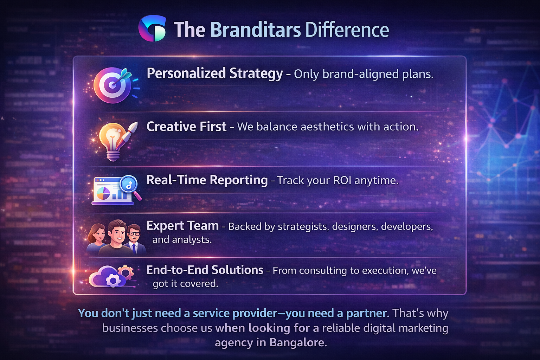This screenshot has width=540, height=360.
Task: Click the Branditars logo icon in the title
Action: [x=152, y=28]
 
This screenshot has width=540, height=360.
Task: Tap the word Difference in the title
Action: [x=347, y=30]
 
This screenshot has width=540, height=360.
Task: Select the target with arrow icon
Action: [x=112, y=85]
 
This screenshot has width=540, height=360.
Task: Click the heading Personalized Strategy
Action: [x=214, y=73]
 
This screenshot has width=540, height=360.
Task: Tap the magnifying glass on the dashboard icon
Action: [x=129, y=185]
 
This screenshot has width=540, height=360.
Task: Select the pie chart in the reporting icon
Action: [x=103, y=193]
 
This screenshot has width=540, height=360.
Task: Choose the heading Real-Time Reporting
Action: [x=207, y=180]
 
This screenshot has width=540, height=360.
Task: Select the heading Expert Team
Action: [x=182, y=226]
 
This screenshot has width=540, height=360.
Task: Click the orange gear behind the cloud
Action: [x=126, y=272]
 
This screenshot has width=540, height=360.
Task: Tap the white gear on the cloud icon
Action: [x=113, y=280]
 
